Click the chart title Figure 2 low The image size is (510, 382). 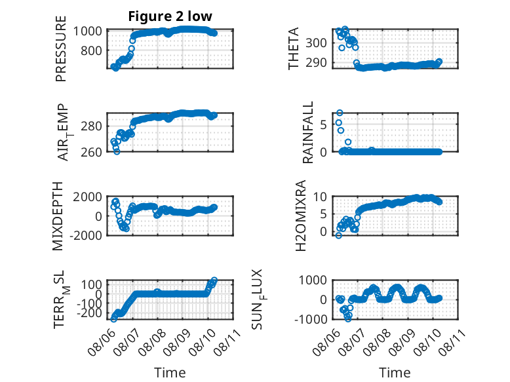click(x=170, y=16)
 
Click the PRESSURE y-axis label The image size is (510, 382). click(x=61, y=48)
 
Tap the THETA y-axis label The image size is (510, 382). click(x=294, y=48)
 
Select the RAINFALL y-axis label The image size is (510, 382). click(x=307, y=132)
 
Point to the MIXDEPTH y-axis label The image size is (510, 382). click(x=58, y=216)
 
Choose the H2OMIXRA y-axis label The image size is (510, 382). click(x=300, y=216)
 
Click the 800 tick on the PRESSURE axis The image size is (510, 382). click(x=91, y=50)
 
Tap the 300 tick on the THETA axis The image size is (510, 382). click(x=316, y=43)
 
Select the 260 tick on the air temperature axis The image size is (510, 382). click(x=91, y=152)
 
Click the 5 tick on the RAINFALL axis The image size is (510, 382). click(x=323, y=124)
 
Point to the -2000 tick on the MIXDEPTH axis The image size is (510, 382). click(x=86, y=235)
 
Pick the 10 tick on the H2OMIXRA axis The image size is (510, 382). click(x=320, y=197)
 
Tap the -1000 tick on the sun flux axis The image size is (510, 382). click(x=311, y=319)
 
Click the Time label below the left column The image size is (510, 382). click(x=170, y=373)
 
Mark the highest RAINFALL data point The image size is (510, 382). click(x=340, y=113)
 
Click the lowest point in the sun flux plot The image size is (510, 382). click(x=348, y=319)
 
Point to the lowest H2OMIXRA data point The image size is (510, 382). click(x=339, y=235)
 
